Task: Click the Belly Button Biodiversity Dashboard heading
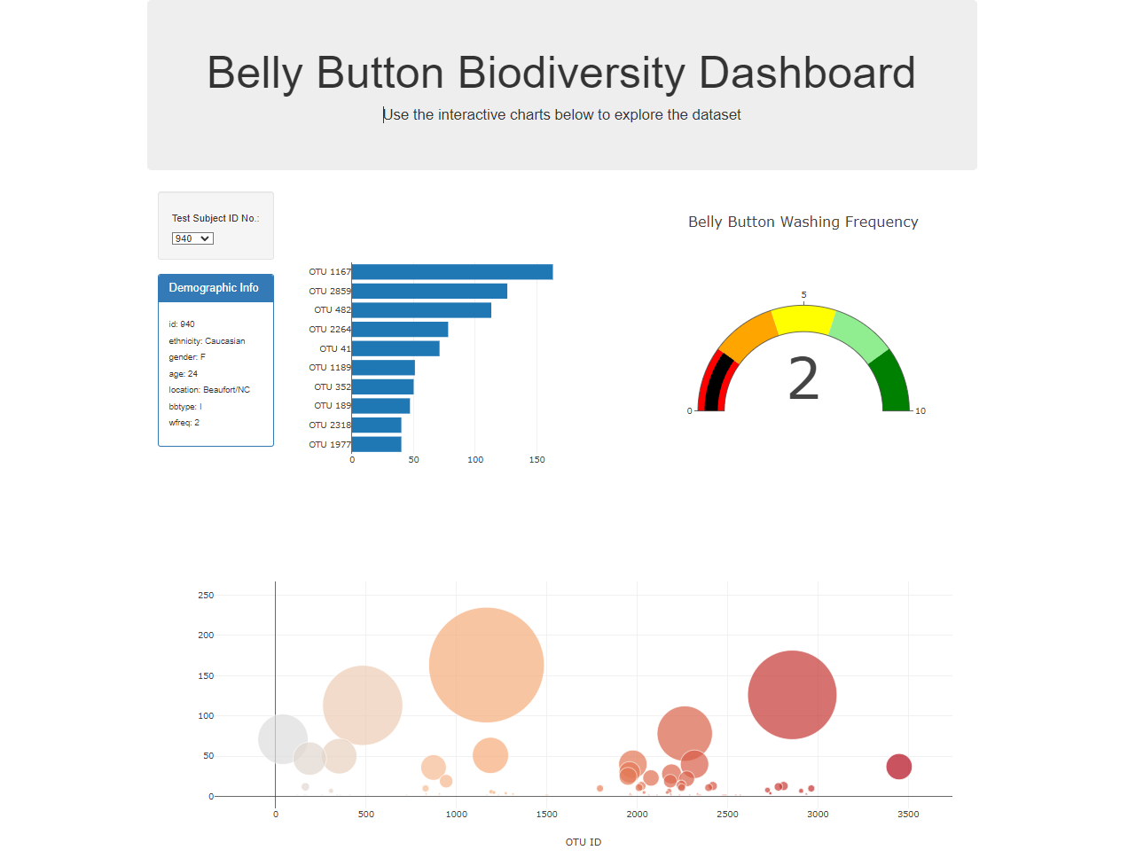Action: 560,73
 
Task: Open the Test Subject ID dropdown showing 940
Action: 192,238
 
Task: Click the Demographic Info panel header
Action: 215,288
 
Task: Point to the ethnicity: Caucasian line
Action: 207,341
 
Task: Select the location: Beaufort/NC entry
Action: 209,390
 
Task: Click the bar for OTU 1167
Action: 452,272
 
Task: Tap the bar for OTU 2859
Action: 429,292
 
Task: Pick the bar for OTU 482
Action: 421,310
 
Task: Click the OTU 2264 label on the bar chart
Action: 329,330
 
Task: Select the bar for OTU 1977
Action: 377,445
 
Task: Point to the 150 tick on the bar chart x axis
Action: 537,460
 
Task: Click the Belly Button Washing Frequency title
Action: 803,222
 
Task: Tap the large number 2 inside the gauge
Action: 803,379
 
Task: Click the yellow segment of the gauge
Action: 803,319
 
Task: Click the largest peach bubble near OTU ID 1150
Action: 486,665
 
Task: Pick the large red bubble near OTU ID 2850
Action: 792,695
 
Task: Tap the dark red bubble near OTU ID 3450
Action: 898,767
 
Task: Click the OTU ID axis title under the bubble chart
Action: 583,842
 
